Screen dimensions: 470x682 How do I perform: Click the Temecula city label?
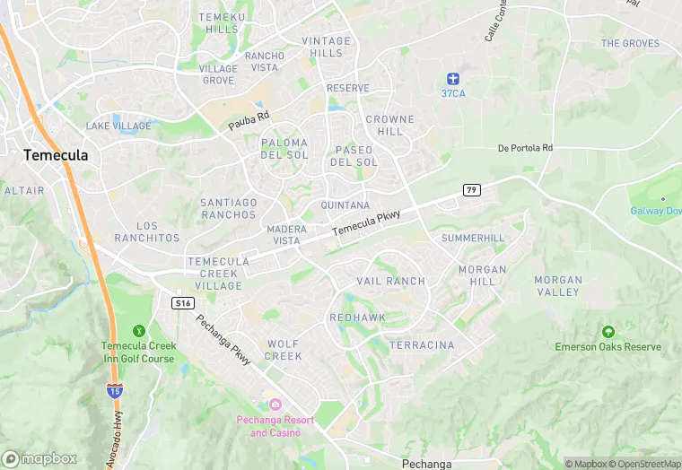click(x=56, y=155)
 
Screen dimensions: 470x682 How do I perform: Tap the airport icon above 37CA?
click(x=454, y=77)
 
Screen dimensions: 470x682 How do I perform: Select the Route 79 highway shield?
click(x=471, y=189)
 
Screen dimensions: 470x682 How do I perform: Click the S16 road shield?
click(x=183, y=303)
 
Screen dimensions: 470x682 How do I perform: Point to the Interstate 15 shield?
click(x=114, y=390)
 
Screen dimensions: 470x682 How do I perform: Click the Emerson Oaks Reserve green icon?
click(x=608, y=332)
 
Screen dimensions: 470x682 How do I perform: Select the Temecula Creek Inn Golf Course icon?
click(x=137, y=331)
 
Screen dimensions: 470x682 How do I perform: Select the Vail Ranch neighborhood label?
click(x=391, y=281)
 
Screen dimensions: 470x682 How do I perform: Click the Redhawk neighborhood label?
click(x=357, y=318)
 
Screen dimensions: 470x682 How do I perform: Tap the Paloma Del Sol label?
click(x=284, y=149)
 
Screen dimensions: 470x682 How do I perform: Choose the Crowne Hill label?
click(x=390, y=126)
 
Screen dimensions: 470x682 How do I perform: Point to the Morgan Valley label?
click(x=558, y=286)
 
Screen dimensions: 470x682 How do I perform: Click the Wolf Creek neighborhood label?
click(x=284, y=350)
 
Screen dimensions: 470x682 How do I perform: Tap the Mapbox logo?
click(x=39, y=458)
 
